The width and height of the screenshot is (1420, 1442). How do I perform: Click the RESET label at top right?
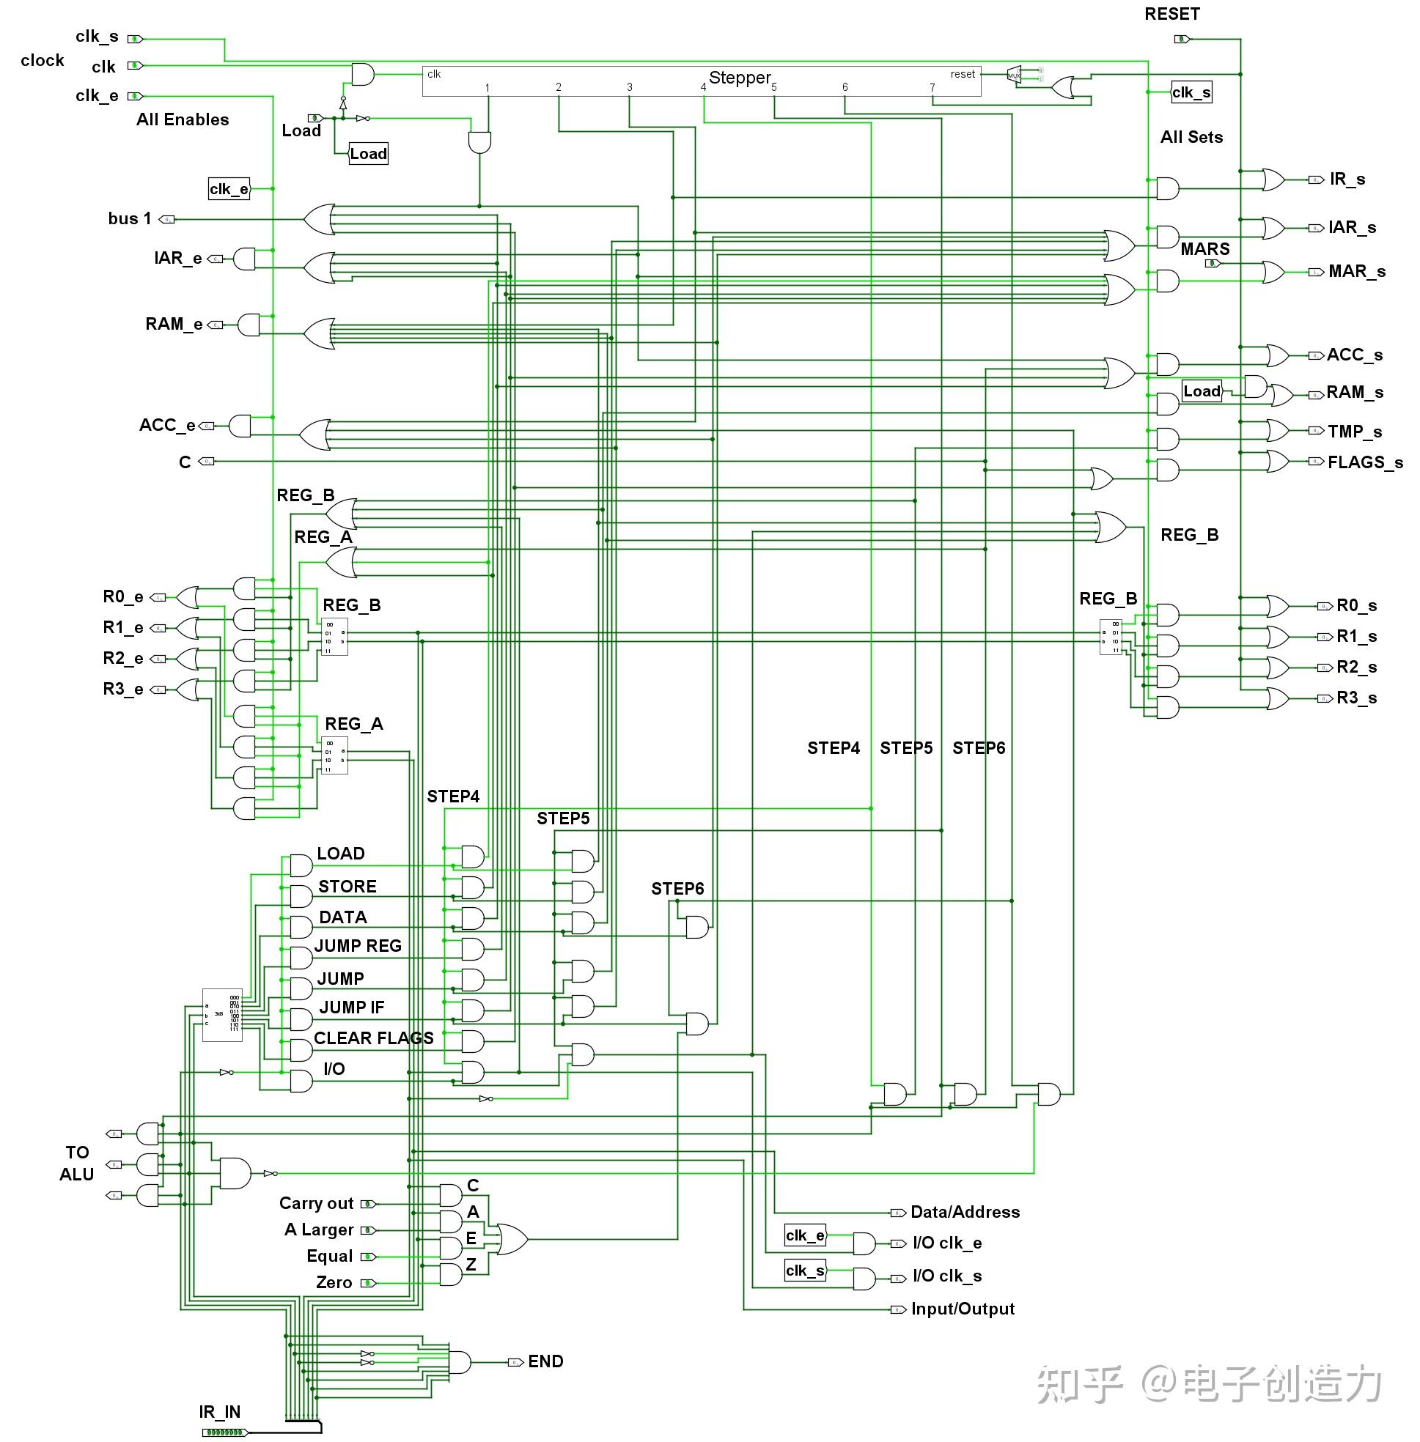coord(1171,14)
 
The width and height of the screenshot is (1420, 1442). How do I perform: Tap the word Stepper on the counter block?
coord(739,78)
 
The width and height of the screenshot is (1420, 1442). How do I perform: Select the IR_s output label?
coord(1347,179)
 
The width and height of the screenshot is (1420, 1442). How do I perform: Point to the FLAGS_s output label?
coord(1364,462)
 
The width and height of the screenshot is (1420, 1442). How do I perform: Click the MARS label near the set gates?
coord(1204,249)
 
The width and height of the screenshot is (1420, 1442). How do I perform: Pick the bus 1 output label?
coord(129,218)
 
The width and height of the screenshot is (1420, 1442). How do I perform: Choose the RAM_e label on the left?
coord(174,325)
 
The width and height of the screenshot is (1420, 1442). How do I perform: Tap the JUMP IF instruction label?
coord(351,1007)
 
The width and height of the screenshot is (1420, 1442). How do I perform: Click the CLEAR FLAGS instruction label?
coord(373,1038)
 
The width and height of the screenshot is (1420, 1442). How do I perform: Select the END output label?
coord(545,1361)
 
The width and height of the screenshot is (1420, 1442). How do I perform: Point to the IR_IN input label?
coord(219,1412)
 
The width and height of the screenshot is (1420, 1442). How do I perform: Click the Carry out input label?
coord(316,1203)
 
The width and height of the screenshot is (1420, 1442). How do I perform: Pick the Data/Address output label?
coord(965,1213)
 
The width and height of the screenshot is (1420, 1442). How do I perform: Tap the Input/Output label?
coord(962,1309)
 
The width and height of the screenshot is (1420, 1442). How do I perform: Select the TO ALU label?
coord(77,1163)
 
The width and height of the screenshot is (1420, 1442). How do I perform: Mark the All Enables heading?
coord(183,119)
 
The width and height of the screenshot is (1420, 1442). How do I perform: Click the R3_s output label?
coord(1356,698)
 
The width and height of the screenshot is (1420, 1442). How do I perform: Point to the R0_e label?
coord(123,596)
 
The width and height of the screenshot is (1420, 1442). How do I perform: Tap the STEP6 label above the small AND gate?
coord(677,889)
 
